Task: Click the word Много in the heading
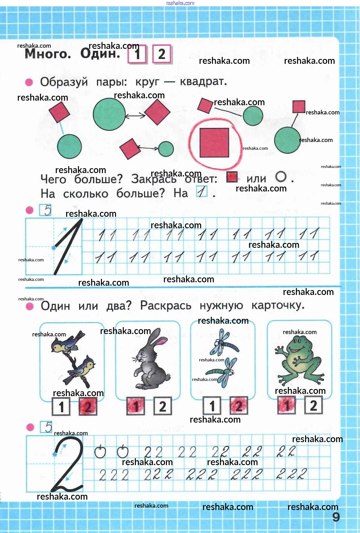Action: pos(48,54)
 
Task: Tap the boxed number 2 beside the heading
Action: pos(162,54)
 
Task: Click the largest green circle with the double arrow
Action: pos(109,114)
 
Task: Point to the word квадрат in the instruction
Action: pos(203,82)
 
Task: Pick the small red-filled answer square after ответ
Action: pos(232,177)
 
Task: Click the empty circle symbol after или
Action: pos(281,177)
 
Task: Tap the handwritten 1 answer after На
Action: pos(202,191)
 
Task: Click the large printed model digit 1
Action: pos(68,246)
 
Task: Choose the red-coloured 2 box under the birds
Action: pos(88,407)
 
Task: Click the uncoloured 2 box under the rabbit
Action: pos(163,406)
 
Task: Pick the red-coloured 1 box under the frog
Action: pos(287,405)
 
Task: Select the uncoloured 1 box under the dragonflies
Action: pos(212,406)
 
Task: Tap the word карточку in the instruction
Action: pos(278,305)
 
